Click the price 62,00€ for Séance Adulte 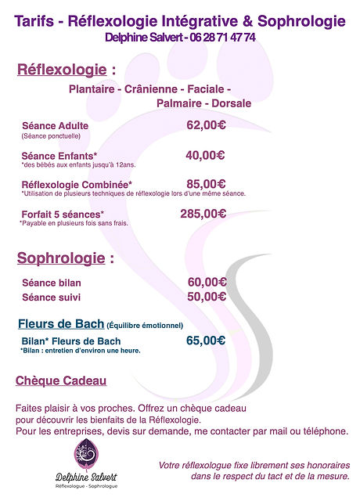click(x=206, y=124)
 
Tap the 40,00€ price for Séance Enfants click(x=206, y=155)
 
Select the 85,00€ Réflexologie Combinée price click(x=206, y=184)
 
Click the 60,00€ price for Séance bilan click(x=207, y=282)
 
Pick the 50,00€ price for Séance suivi click(x=207, y=297)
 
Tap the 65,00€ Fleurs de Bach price click(x=206, y=340)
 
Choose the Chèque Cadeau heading click(x=61, y=381)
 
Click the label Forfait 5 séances click(x=63, y=214)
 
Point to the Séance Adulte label click(x=55, y=125)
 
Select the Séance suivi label click(x=51, y=297)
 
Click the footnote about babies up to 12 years click(x=67, y=165)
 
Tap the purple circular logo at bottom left click(x=85, y=452)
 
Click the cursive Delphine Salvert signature click(x=87, y=476)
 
